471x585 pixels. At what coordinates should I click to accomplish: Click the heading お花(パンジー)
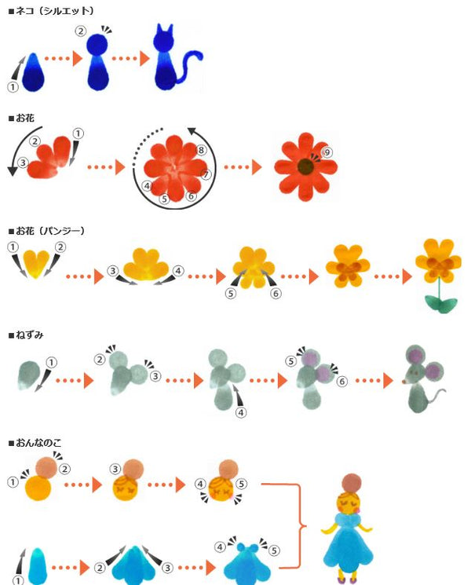[x=49, y=230]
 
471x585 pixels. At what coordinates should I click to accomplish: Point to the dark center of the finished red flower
[x=305, y=166]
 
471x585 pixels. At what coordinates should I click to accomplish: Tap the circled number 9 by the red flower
[x=328, y=152]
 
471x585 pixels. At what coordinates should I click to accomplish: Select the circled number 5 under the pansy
[x=231, y=293]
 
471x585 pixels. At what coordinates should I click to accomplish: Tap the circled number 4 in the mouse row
[x=241, y=411]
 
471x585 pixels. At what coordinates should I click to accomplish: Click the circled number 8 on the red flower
[x=202, y=150]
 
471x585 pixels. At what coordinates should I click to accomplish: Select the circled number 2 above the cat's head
[x=81, y=31]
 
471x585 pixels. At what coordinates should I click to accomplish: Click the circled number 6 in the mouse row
[x=341, y=381]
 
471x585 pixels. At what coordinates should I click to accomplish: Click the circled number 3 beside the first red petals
[x=24, y=163]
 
